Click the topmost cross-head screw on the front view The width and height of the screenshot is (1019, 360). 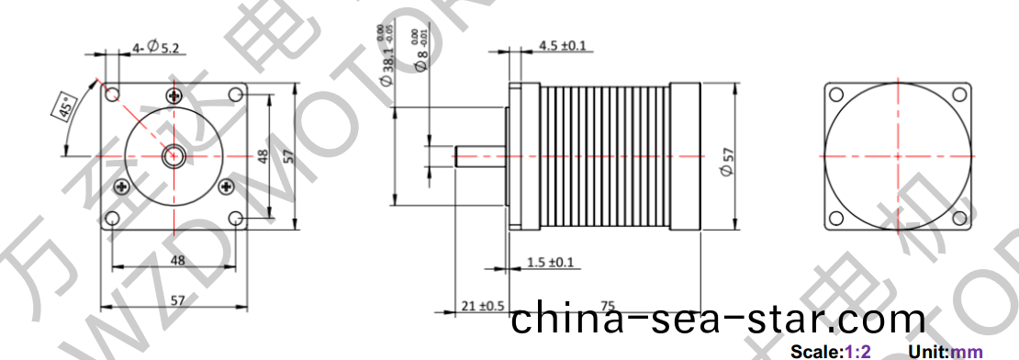[175, 96]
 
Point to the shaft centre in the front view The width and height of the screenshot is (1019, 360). [173, 157]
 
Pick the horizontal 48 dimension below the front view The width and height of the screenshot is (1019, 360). [177, 260]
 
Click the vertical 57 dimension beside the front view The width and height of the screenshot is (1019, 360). [287, 157]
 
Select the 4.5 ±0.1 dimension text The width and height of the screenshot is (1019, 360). [561, 45]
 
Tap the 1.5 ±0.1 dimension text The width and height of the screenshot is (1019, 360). [551, 263]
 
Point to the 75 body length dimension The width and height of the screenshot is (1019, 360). [607, 305]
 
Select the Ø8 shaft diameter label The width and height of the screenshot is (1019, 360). [421, 61]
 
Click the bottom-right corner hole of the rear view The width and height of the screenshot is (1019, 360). [959, 218]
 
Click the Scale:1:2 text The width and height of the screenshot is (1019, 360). [830, 352]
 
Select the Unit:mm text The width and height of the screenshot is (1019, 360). [945, 352]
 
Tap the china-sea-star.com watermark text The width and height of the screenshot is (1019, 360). [717, 320]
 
